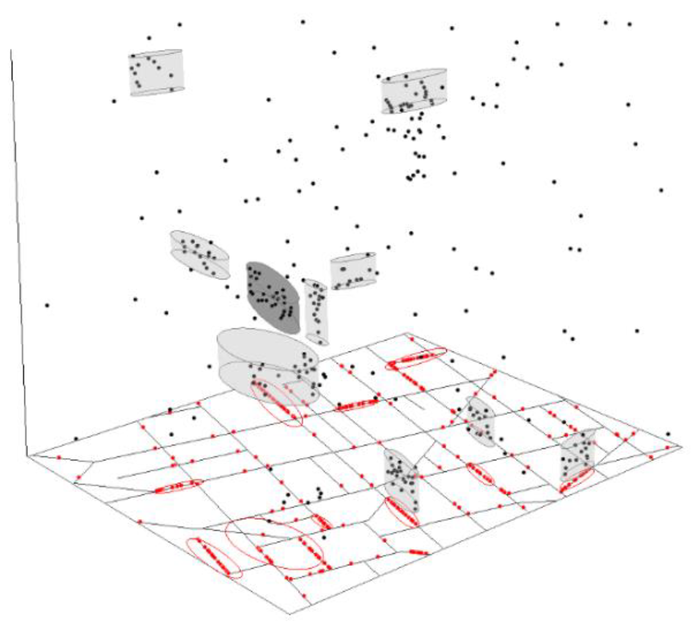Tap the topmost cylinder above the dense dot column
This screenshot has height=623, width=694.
click(414, 91)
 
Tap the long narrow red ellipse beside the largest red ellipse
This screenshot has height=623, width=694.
click(214, 558)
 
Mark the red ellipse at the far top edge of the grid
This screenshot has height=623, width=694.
click(416, 358)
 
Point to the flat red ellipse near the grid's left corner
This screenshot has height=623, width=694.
click(178, 487)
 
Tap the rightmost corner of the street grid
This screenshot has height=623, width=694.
click(682, 446)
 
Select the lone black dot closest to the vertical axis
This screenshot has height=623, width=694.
click(47, 305)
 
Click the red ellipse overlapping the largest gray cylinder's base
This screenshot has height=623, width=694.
click(277, 404)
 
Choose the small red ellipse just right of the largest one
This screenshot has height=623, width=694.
click(322, 522)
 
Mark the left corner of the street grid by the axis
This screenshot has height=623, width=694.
click(27, 456)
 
